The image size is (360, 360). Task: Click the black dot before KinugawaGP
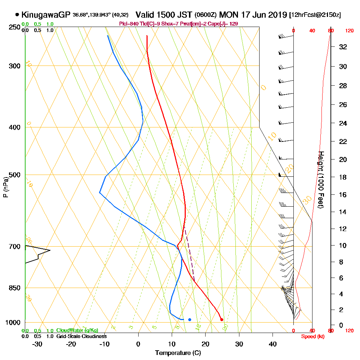17,15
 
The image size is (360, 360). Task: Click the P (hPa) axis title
5,187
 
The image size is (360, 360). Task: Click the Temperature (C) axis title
178,353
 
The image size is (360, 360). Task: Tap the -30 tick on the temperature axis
37,344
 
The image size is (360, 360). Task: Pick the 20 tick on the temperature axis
206,344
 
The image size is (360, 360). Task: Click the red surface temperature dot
221,319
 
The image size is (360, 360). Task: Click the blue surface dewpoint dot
190,319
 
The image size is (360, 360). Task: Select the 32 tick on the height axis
343,47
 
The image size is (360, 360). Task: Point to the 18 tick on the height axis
343,177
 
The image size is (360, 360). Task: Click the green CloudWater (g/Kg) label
77,330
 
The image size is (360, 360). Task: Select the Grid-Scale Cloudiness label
81,336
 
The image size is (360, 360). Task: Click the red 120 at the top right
349,31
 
